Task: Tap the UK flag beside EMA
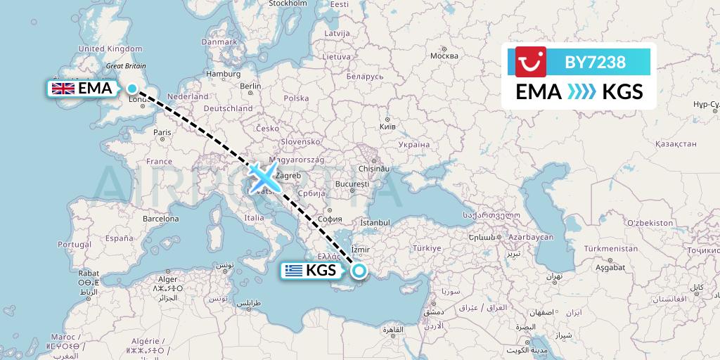click(63, 89)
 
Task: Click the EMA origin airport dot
click(131, 88)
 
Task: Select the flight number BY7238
click(595, 62)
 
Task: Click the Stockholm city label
click(288, 4)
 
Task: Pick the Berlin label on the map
click(250, 86)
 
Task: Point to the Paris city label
click(162, 132)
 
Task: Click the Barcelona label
click(161, 219)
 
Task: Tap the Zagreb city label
click(290, 175)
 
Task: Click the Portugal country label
click(75, 244)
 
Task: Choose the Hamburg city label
click(224, 74)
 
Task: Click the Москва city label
click(444, 56)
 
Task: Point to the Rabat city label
click(88, 273)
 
